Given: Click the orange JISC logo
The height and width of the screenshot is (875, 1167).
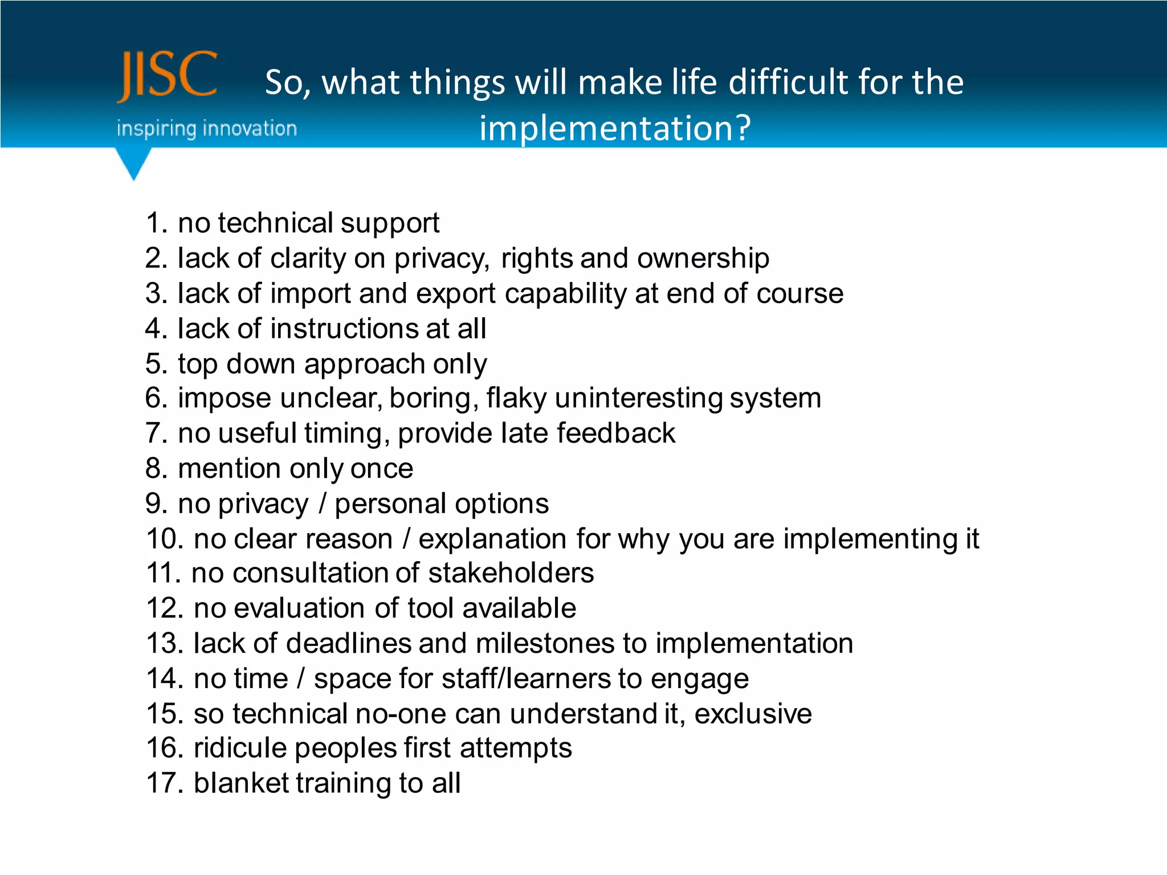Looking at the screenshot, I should [x=168, y=75].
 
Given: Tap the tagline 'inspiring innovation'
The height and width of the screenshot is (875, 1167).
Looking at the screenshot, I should [x=206, y=129].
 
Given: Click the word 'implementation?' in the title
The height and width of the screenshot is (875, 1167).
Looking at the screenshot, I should [x=615, y=128].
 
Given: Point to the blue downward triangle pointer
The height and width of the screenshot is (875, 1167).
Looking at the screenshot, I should [x=133, y=163].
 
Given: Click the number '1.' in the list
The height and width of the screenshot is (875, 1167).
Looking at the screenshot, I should [x=157, y=223].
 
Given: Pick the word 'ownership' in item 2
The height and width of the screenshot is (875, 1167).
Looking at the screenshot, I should [x=703, y=259].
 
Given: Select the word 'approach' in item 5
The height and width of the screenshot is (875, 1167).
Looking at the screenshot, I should [x=364, y=365].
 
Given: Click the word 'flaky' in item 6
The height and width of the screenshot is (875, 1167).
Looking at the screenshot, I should [x=516, y=398].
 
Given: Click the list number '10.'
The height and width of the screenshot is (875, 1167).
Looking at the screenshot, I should [x=165, y=539].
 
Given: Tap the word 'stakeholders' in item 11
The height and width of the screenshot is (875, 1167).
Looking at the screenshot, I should [x=511, y=573].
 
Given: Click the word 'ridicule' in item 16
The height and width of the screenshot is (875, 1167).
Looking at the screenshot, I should [x=239, y=748].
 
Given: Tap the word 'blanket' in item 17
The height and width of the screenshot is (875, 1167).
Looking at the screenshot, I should [x=242, y=783].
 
